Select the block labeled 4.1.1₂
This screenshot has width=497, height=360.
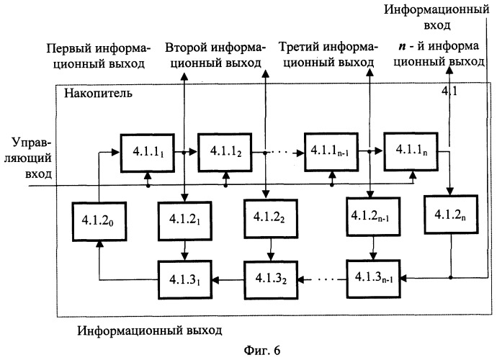click(x=226, y=152)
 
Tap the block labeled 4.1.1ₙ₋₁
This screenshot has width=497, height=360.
click(x=330, y=152)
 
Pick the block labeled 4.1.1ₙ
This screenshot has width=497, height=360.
click(x=408, y=152)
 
